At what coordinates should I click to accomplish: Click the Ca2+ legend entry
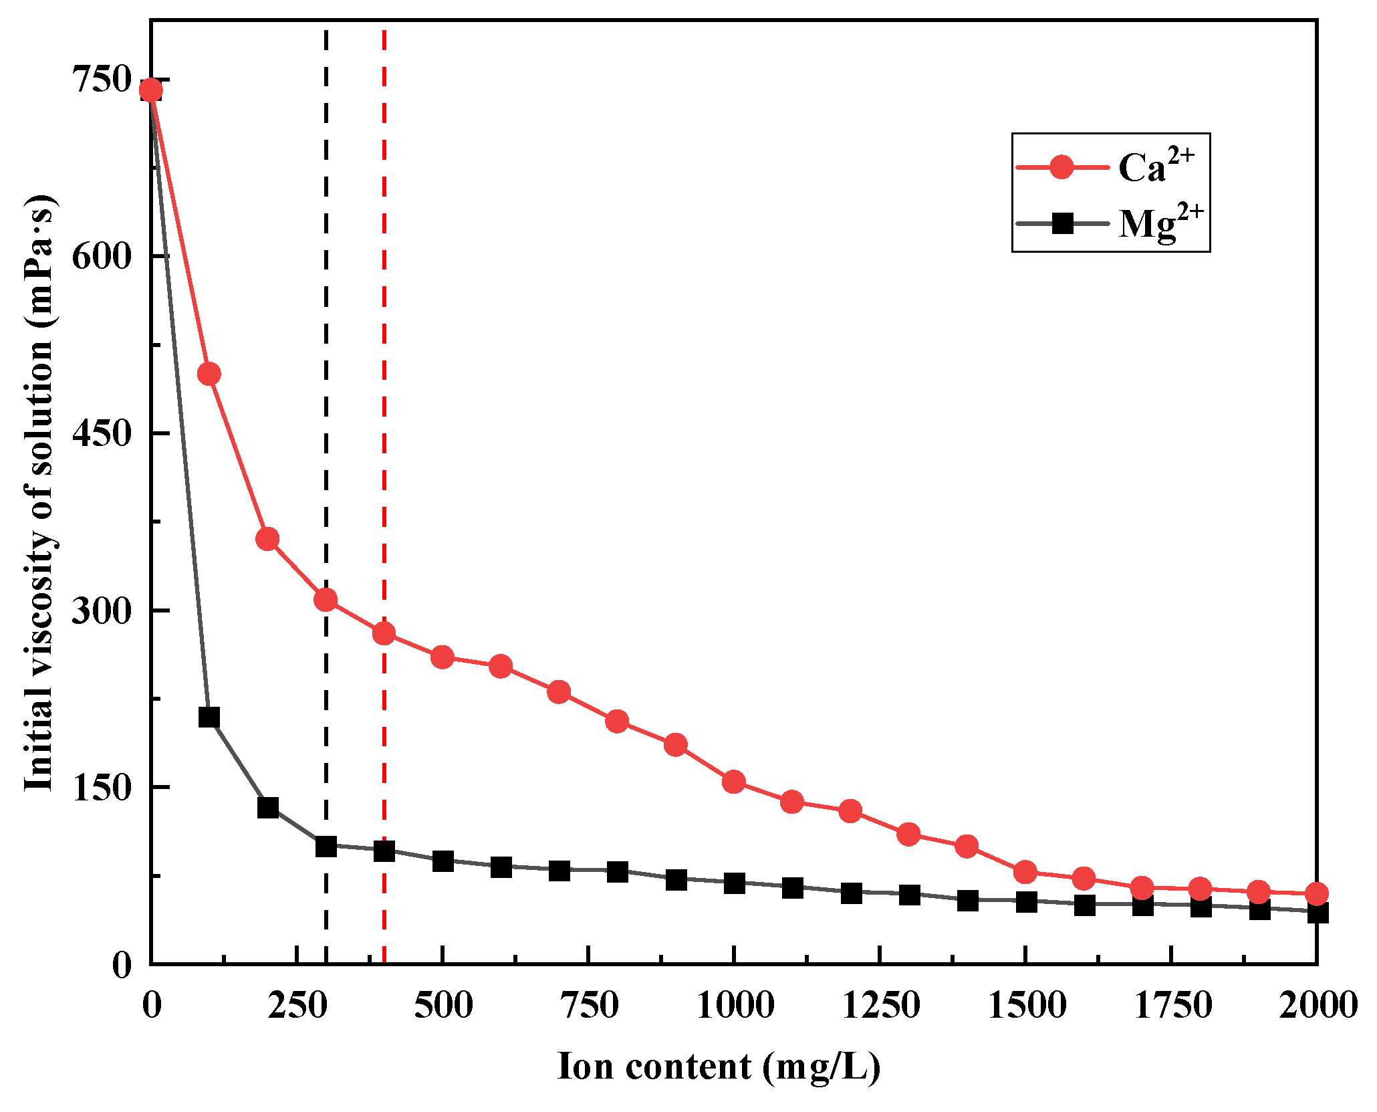[x=1110, y=166]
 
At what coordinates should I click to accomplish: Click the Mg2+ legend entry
[x=1110, y=223]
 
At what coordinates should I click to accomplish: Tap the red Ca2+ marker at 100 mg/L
[x=209, y=374]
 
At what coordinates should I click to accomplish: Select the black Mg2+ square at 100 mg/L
[x=209, y=717]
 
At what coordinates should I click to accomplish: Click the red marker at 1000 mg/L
[x=734, y=781]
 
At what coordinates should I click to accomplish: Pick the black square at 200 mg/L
[x=267, y=807]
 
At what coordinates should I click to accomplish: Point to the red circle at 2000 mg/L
[x=1316, y=893]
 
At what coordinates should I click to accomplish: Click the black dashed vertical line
[x=326, y=401]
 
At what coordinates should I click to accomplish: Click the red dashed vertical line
[x=384, y=401]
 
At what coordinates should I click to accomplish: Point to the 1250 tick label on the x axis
[x=880, y=1006]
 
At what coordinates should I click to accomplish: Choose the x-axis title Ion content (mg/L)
[x=719, y=1066]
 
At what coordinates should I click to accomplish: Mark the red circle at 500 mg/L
[x=443, y=657]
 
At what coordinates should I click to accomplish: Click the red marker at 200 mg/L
[x=267, y=539]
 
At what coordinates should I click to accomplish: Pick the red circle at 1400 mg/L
[x=967, y=847]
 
